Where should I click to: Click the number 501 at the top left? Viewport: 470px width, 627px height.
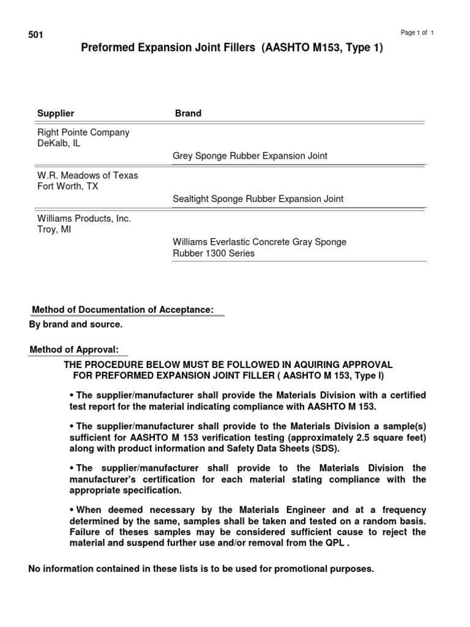[35, 35]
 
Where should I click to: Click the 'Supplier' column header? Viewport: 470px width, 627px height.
[56, 113]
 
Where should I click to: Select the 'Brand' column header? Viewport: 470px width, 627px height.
[188, 113]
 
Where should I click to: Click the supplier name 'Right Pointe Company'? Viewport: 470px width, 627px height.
[83, 132]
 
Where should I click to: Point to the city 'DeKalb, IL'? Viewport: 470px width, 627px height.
[59, 143]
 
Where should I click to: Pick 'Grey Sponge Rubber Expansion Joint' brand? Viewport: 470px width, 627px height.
[250, 156]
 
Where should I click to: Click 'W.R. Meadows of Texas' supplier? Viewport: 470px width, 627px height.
[88, 175]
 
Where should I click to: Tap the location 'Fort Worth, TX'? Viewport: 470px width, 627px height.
[67, 186]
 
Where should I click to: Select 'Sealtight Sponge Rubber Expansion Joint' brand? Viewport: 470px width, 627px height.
[258, 199]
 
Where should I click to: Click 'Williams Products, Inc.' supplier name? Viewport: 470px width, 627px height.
[84, 218]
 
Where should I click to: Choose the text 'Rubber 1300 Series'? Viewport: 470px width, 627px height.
[214, 253]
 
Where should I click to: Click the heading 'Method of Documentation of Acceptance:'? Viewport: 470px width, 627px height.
[122, 310]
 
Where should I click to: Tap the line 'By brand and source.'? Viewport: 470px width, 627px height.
[75, 324]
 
